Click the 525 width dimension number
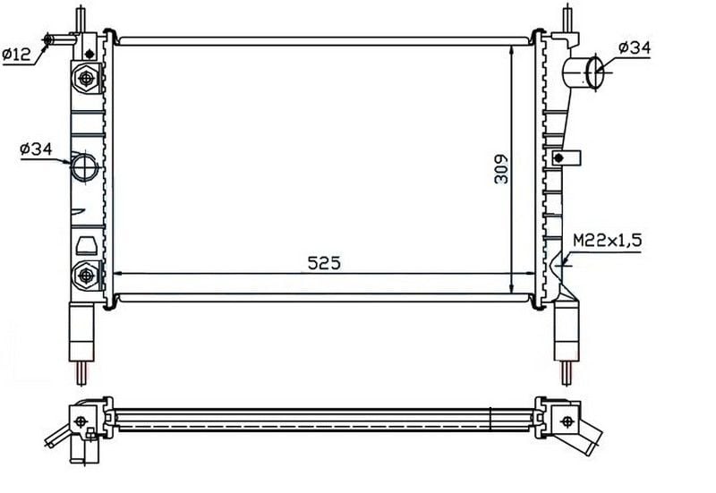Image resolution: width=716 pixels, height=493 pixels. (x=324, y=263)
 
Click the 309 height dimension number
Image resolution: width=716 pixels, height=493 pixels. (x=502, y=166)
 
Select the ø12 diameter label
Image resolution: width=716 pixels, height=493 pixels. (x=17, y=54)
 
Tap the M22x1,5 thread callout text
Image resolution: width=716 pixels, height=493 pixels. (x=606, y=241)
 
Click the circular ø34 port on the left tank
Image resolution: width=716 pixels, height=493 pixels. (x=84, y=166)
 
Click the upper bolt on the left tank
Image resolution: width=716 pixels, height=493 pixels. (x=86, y=80)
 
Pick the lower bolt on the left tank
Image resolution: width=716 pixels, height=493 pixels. (x=86, y=274)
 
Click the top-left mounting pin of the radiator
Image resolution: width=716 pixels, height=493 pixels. (x=80, y=17)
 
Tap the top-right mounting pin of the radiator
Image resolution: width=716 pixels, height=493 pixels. (x=567, y=17)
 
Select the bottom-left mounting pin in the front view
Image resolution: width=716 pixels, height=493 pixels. (x=81, y=370)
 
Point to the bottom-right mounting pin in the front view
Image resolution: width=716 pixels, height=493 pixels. (x=567, y=370)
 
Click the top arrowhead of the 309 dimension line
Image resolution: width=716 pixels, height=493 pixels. (x=511, y=47)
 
